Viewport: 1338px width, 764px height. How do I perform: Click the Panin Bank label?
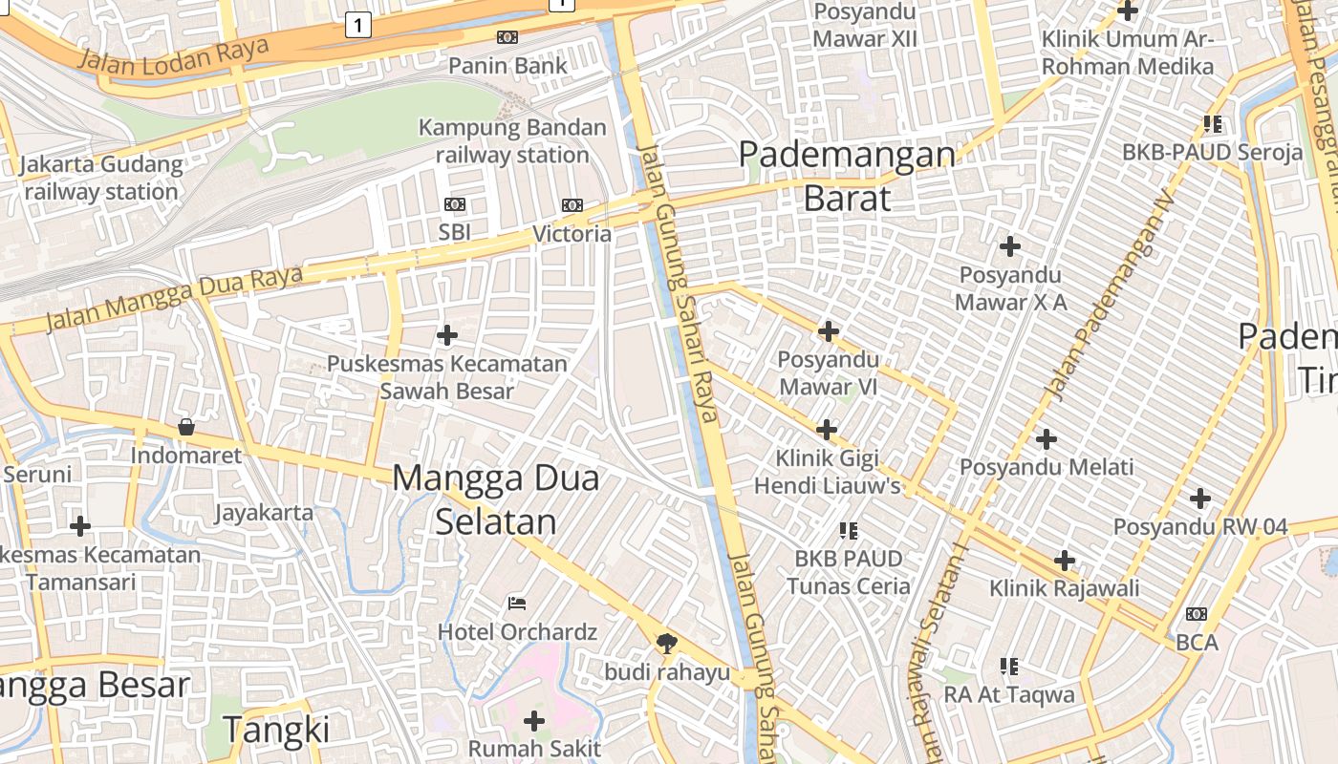[x=507, y=66]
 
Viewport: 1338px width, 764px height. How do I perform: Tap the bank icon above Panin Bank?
[x=507, y=37]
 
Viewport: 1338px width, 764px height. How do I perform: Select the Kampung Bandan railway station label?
[x=512, y=140]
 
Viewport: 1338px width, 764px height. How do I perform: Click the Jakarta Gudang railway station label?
[x=101, y=178]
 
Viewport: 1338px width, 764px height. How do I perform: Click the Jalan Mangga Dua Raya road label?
[x=174, y=298]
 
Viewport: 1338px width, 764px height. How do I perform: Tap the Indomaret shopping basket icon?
[x=186, y=427]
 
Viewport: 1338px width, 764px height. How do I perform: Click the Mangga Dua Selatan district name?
[x=496, y=499]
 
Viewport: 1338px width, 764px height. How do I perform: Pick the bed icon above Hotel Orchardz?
[x=517, y=603]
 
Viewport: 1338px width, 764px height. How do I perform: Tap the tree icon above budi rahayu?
[x=667, y=643]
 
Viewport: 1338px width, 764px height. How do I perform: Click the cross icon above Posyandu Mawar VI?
[x=829, y=331]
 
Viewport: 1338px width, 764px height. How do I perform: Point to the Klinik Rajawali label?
[x=1065, y=587]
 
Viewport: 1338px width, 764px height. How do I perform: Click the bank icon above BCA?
[x=1196, y=614]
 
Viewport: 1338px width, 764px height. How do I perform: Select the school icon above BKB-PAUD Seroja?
[x=1213, y=123]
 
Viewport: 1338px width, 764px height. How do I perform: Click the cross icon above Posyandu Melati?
[x=1047, y=439]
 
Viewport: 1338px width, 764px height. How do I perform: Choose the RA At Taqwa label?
[x=1009, y=694]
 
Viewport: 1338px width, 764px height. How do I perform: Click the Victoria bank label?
[x=572, y=234]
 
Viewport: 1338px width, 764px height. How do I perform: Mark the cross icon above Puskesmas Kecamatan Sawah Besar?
[x=446, y=335]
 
